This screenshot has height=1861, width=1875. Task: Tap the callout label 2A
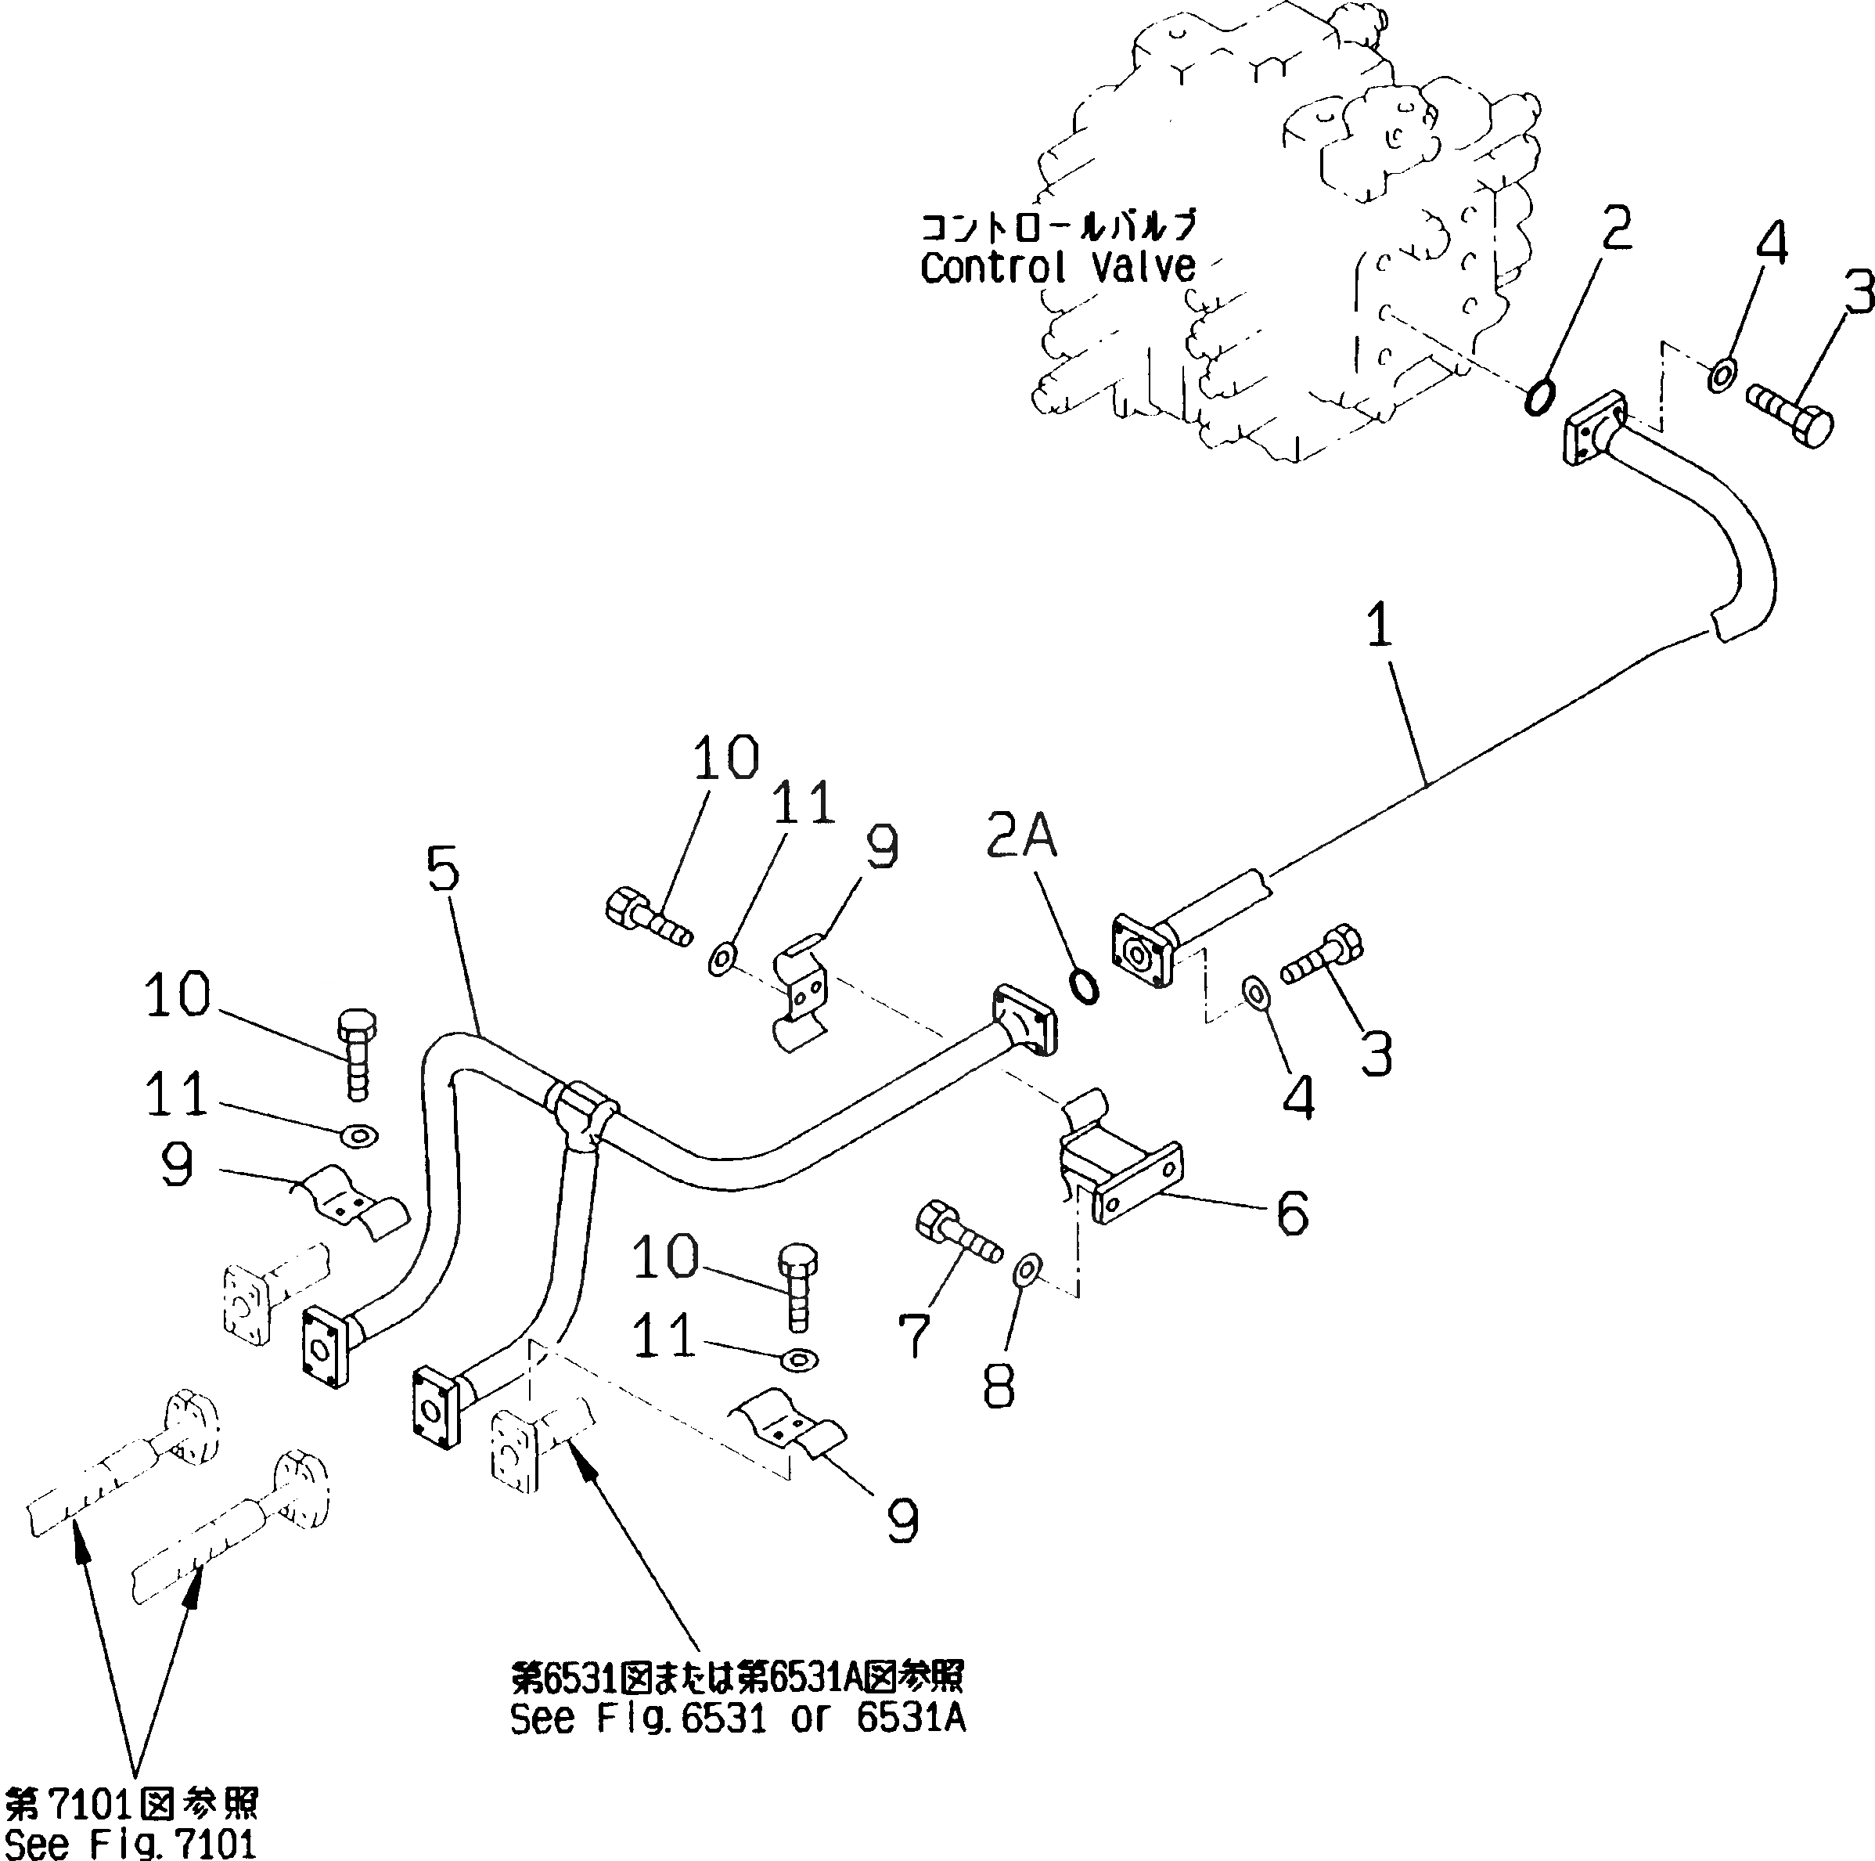pyautogui.click(x=1021, y=837)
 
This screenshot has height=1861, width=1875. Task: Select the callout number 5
pyautogui.click(x=443, y=869)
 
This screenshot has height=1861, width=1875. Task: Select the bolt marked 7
pyautogui.click(x=958, y=1232)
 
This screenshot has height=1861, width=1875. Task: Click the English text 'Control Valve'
pyautogui.click(x=1058, y=268)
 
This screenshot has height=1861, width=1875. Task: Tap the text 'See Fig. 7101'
pyautogui.click(x=130, y=1841)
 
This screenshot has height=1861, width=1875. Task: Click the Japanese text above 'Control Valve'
pyautogui.click(x=1058, y=227)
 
